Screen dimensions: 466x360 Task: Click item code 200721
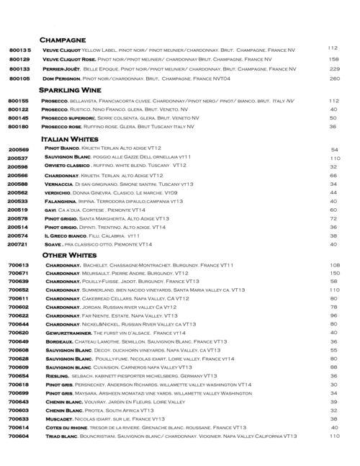point(17,245)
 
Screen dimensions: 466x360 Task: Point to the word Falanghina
point(60,201)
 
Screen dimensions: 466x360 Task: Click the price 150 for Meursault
point(333,274)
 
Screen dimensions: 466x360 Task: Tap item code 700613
point(17,264)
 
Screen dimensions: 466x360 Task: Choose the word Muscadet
point(58,418)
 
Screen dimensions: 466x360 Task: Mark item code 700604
point(17,436)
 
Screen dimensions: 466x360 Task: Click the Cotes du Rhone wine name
point(65,427)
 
